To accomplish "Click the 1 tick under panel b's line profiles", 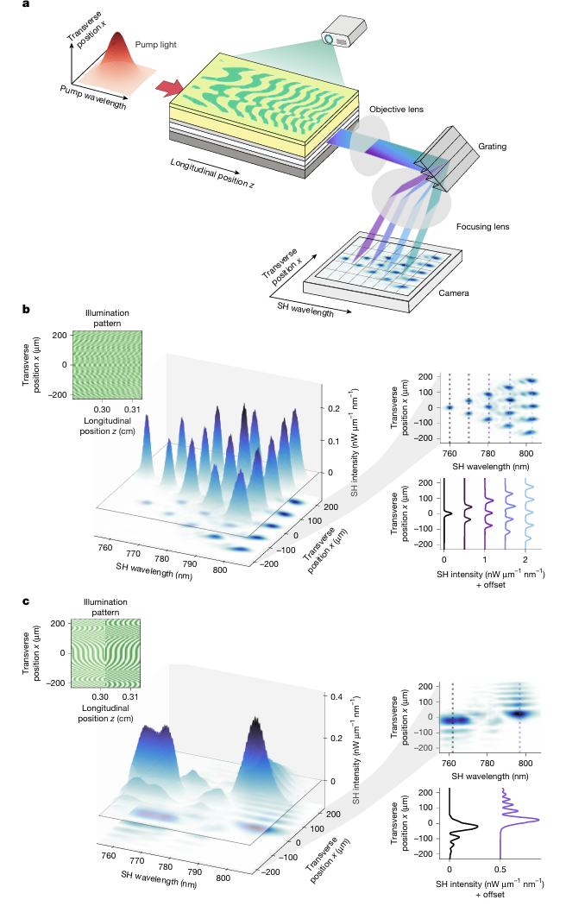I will pyautogui.click(x=487, y=560).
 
